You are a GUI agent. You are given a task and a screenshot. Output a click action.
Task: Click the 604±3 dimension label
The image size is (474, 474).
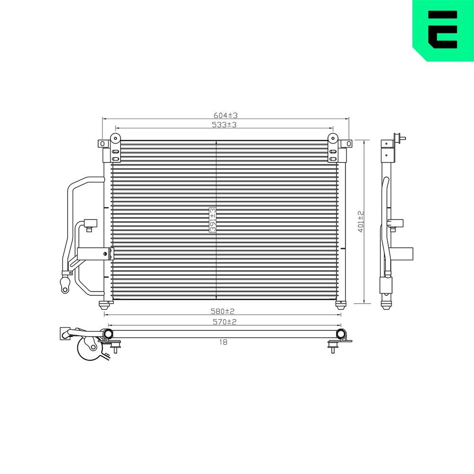click(226, 115)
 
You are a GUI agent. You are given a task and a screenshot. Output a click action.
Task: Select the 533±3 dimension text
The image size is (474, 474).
click(225, 125)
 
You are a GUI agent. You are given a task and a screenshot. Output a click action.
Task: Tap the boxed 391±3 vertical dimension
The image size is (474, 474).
click(213, 220)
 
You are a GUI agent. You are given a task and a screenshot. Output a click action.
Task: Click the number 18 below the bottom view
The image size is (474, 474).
click(224, 342)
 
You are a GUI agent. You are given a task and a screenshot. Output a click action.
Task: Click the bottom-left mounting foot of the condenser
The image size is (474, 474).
click(102, 304)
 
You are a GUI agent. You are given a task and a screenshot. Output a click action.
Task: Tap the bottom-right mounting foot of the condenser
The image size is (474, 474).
click(340, 304)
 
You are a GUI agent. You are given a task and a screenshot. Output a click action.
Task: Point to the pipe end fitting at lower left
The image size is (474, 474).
click(64, 285)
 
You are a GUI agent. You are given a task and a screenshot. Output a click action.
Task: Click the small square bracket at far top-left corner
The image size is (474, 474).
click(102, 143)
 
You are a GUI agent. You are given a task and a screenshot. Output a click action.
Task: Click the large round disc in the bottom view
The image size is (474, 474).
click(88, 350)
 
